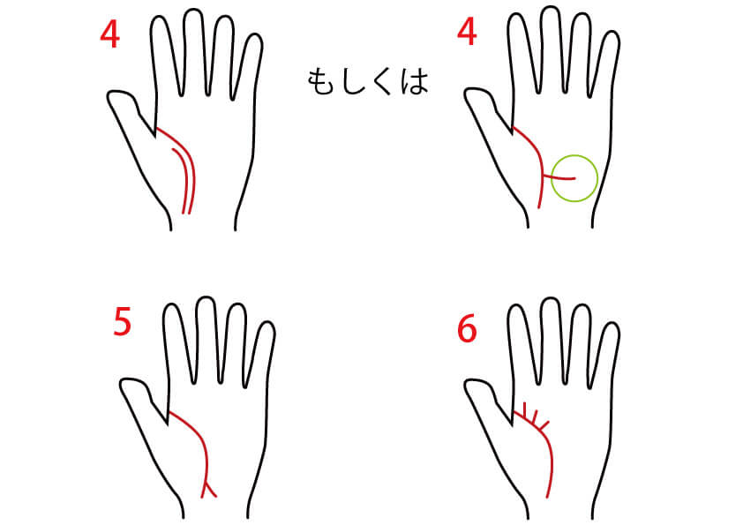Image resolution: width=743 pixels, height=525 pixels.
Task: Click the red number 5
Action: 122,322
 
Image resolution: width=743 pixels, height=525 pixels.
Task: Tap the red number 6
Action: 467,329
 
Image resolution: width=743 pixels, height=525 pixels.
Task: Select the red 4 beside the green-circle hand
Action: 467,33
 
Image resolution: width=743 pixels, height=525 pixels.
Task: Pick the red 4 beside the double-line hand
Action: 109,34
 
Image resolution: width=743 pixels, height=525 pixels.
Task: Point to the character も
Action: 321,82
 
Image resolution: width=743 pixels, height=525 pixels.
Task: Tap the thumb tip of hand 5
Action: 124,380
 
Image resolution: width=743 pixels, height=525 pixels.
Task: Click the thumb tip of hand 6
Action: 469,381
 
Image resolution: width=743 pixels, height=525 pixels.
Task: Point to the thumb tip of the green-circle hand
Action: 469,91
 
